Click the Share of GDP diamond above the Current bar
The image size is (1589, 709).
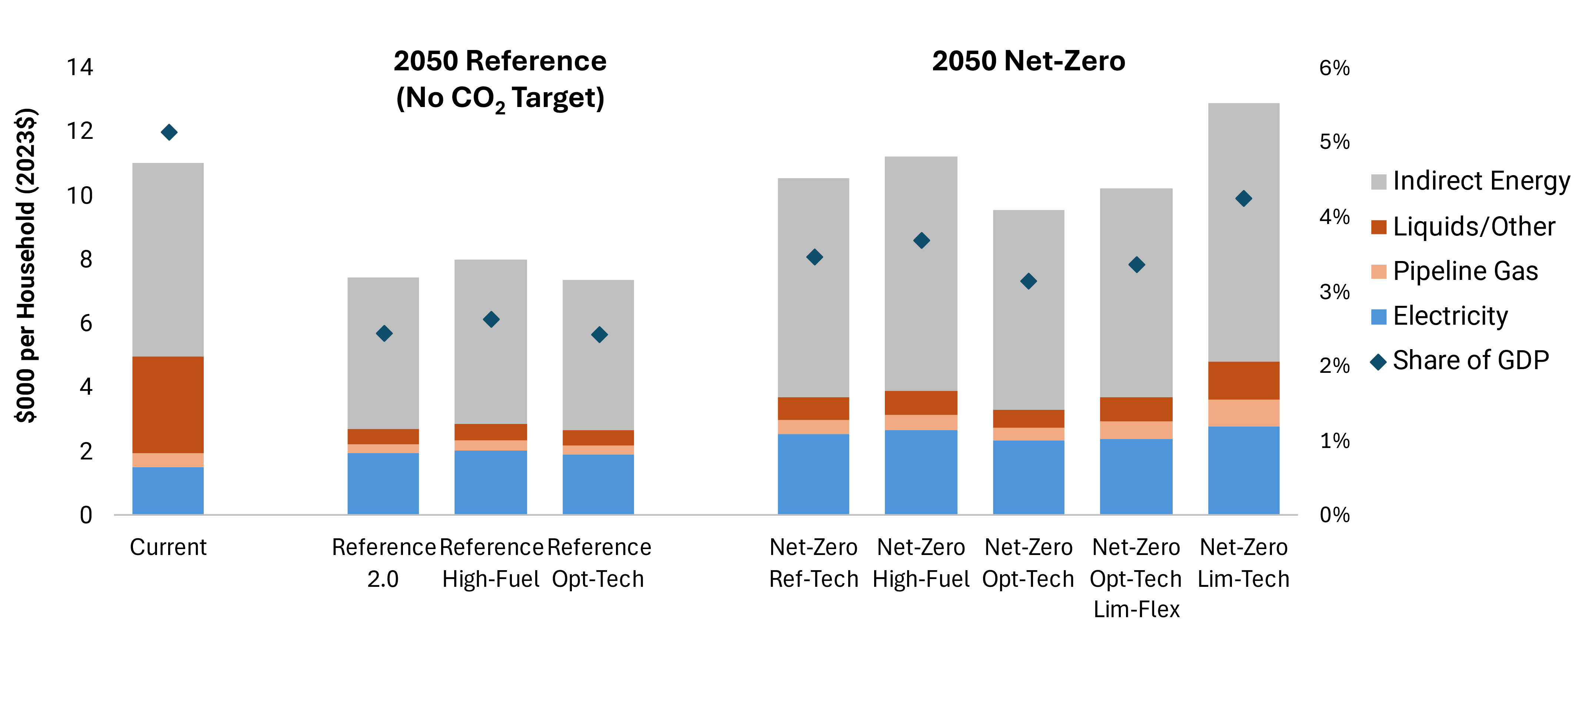click(169, 132)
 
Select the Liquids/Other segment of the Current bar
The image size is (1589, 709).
click(168, 404)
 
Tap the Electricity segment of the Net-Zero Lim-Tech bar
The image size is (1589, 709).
click(1243, 470)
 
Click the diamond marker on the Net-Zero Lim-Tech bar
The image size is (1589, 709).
click(1243, 198)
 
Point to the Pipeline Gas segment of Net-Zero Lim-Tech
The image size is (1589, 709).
click(1243, 412)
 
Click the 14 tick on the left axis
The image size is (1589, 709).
click(80, 67)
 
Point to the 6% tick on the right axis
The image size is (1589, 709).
click(1334, 68)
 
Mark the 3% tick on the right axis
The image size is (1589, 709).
click(1334, 292)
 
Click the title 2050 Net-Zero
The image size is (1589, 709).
click(1028, 61)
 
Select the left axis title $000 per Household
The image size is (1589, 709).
click(26, 265)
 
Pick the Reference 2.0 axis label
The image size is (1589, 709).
click(383, 562)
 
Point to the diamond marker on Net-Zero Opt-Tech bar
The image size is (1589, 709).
click(1028, 281)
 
